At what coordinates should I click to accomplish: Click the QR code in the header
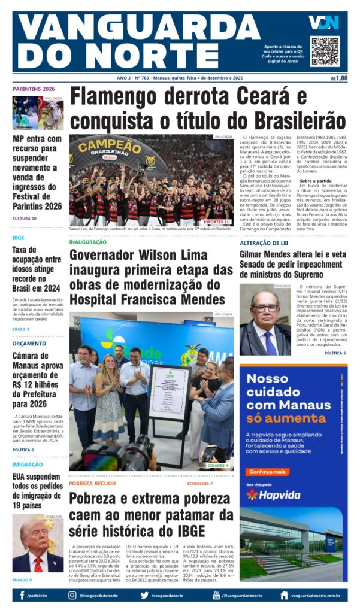coord(325,51)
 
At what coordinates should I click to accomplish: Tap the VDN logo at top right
coord(323,23)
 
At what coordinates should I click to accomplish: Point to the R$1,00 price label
coord(338,78)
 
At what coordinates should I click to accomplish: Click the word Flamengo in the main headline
coord(120,98)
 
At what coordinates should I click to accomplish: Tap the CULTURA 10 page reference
coord(25,219)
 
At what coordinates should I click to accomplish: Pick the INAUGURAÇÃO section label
coord(87,242)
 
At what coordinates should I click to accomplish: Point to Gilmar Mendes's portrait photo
coord(265,320)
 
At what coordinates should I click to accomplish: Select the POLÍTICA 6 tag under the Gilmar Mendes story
coord(335,353)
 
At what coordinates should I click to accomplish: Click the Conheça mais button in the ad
coord(267,472)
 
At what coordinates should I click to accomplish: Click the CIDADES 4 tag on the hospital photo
coord(217,465)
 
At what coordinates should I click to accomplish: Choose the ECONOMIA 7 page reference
coord(199,483)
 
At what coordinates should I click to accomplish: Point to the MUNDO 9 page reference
coord(22,580)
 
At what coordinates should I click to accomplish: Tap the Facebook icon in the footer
coord(22,596)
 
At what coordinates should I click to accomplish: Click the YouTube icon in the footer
coord(216,595)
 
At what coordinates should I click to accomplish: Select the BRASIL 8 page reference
coord(21,329)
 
